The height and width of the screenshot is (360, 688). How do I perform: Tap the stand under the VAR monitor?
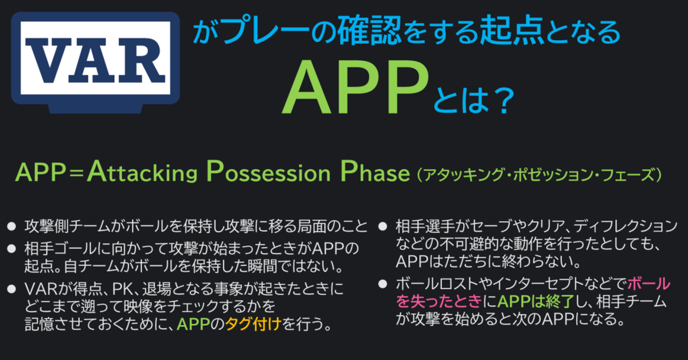click(x=96, y=109)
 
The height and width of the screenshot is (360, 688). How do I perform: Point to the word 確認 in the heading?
click(x=369, y=31)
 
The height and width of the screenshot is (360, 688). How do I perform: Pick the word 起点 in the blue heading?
click(x=512, y=31)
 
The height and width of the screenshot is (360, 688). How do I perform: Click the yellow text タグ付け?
click(x=253, y=324)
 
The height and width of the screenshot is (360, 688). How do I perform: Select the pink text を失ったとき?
click(x=439, y=301)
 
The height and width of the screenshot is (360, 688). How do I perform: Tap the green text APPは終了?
click(x=535, y=301)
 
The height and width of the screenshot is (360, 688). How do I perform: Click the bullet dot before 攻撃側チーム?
click(x=11, y=226)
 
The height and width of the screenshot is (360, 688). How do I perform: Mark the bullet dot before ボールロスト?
click(x=383, y=284)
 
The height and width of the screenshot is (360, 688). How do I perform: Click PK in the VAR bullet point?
click(x=122, y=289)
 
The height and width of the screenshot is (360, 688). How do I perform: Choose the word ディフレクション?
click(x=625, y=226)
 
